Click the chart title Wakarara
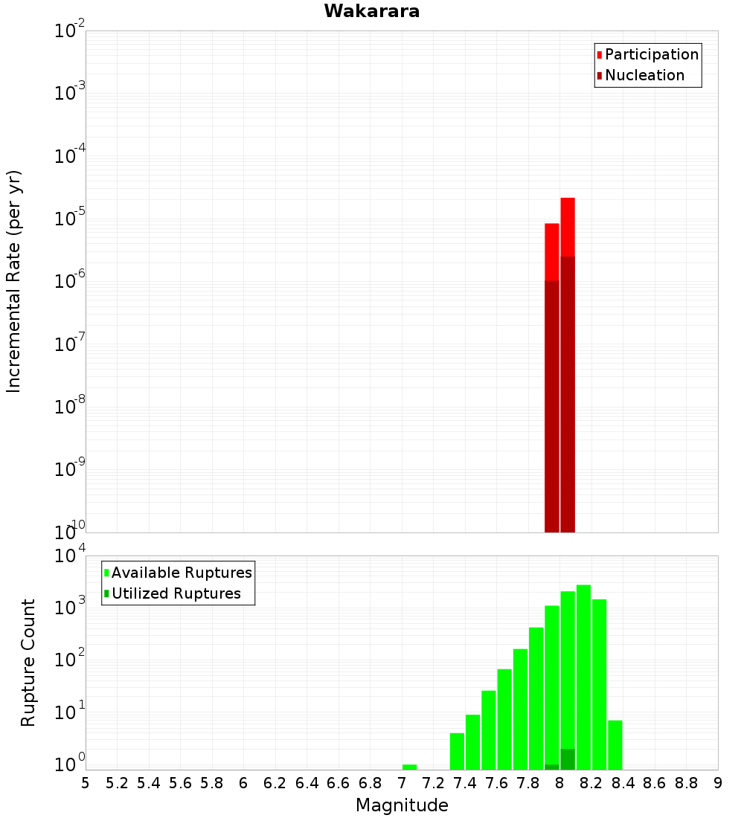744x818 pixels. click(371, 11)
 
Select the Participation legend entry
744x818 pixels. click(651, 55)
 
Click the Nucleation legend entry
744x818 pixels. click(644, 76)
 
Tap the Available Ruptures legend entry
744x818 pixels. click(181, 573)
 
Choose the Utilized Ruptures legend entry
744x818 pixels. click(176, 594)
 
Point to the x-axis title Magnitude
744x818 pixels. click(402, 805)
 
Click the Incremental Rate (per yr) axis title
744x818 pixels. click(14, 282)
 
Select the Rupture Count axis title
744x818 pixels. click(28, 663)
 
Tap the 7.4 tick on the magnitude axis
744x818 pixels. click(465, 783)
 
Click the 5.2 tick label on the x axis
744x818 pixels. click(117, 783)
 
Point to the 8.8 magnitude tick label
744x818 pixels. click(686, 783)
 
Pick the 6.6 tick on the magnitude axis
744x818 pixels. click(339, 783)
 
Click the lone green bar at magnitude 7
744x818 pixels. click(409, 767)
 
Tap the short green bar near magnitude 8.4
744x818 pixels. click(615, 744)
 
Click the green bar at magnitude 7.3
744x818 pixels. click(457, 751)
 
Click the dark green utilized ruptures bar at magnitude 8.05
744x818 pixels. click(568, 759)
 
